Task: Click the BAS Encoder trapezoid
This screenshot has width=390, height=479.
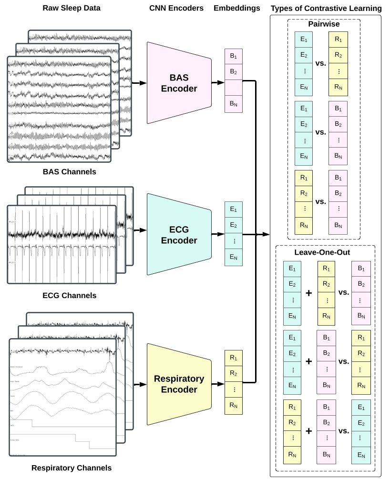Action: click(179, 82)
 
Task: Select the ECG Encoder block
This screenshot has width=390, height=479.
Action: click(179, 234)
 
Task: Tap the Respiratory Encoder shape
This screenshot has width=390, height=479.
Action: click(179, 384)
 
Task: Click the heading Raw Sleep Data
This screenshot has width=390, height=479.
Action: click(72, 8)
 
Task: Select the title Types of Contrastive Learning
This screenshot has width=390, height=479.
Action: click(326, 8)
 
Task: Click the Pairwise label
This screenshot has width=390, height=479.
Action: click(324, 23)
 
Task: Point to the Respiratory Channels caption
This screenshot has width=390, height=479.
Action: click(72, 468)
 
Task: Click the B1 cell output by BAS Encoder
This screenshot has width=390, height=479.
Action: click(234, 57)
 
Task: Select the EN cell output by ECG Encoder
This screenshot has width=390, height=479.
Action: click(234, 257)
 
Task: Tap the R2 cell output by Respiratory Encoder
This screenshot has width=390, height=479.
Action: click(234, 373)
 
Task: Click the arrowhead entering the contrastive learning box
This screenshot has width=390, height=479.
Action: click(267, 234)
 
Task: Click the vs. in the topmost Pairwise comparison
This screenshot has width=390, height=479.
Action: click(320, 63)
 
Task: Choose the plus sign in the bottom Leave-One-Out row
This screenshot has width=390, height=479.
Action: click(308, 430)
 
